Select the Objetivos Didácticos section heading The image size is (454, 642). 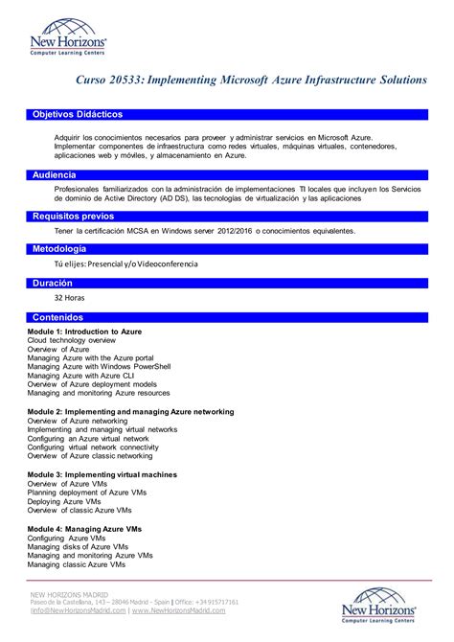pos(78,114)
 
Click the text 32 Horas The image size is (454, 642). pos(70,298)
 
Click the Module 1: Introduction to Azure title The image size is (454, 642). pos(84,331)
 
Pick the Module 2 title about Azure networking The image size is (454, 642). pos(130,411)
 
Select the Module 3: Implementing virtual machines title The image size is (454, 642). pos(102,474)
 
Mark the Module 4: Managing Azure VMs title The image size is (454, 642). pos(84,529)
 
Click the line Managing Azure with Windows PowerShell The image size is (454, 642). pos(99,366)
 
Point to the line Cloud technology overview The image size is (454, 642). pos(72,340)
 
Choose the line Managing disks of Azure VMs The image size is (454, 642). pos(78,547)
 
